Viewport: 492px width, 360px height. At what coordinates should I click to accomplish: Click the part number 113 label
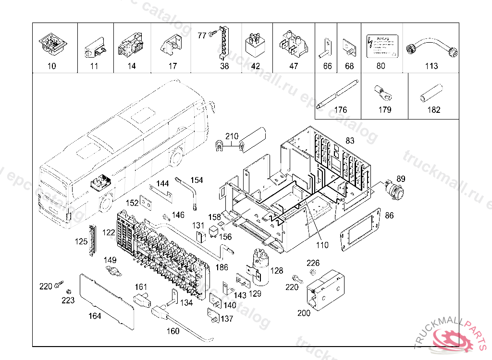click(x=431, y=66)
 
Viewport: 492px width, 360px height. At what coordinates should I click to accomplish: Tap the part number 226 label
click(x=313, y=263)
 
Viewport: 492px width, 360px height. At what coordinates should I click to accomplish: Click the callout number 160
click(x=172, y=331)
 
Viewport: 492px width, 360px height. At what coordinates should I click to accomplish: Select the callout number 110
click(x=322, y=245)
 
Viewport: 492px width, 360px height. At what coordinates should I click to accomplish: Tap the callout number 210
click(x=232, y=137)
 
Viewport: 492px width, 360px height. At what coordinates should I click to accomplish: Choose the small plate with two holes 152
click(x=146, y=204)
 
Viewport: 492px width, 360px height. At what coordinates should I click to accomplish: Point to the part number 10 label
click(x=52, y=66)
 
